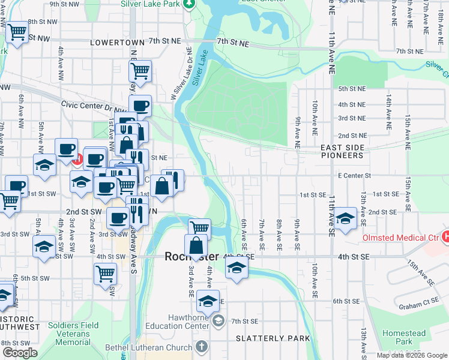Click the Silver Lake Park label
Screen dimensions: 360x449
point(150,4)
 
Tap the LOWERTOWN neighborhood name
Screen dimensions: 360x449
point(117,43)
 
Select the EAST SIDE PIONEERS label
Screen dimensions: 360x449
point(342,151)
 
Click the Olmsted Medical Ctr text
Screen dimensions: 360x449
point(400,238)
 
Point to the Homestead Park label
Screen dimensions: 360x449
point(404,337)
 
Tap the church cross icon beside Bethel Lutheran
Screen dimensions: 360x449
point(201,347)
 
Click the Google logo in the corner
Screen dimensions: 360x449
point(19,353)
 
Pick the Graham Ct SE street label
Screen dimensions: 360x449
point(420,307)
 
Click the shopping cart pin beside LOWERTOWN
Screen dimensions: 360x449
point(140,71)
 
